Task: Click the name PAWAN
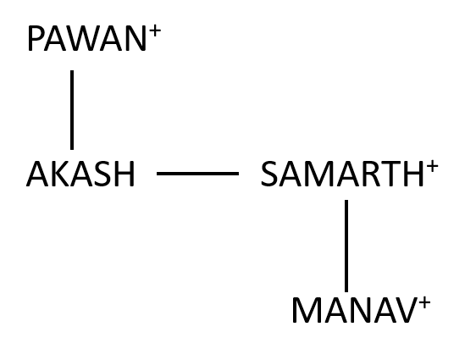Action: click(x=87, y=39)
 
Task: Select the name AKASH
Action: click(x=80, y=174)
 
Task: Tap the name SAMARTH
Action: click(x=342, y=174)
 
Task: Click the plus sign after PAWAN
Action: click(x=154, y=30)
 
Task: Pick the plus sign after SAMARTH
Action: click(x=432, y=166)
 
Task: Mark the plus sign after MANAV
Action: click(x=424, y=302)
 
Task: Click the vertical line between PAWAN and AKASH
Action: click(x=72, y=110)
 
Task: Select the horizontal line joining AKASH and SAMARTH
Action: click(x=197, y=174)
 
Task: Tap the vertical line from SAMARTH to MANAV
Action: click(x=346, y=246)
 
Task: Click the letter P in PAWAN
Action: click(x=36, y=39)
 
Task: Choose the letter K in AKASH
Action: click(x=58, y=174)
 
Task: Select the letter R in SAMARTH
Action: click(x=370, y=174)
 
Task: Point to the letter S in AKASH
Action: click(x=102, y=174)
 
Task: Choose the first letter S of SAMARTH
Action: click(x=269, y=174)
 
